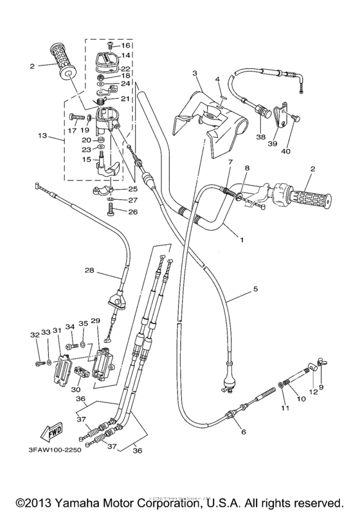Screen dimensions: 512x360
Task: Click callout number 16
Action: (x=126, y=46)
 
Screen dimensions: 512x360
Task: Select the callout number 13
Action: (x=43, y=136)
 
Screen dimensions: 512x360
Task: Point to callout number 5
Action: (x=255, y=289)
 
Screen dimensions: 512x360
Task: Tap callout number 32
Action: (x=34, y=334)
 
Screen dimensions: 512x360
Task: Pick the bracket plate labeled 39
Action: (x=277, y=116)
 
